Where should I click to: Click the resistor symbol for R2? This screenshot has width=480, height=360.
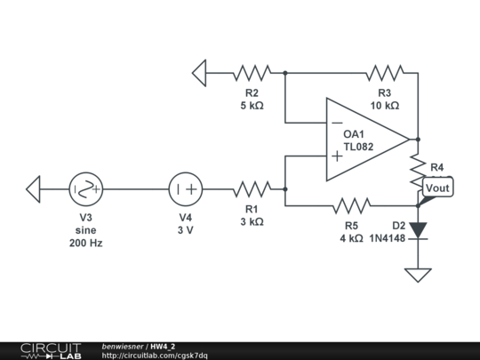(x=252, y=71)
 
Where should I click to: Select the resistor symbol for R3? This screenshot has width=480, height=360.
(x=385, y=71)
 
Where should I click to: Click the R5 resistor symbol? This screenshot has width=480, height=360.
(x=350, y=206)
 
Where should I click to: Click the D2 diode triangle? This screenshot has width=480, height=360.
(x=417, y=229)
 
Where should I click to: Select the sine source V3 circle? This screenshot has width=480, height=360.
(x=86, y=188)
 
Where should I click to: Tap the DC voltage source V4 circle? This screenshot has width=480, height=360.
(x=186, y=188)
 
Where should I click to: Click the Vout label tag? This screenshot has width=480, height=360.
(x=437, y=188)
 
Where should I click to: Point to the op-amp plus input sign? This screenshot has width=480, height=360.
(x=337, y=156)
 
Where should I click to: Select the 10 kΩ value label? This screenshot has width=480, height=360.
(x=385, y=105)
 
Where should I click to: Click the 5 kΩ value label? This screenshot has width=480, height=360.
(x=252, y=105)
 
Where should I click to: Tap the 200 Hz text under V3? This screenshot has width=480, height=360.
(x=86, y=242)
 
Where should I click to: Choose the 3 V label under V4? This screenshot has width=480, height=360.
(x=186, y=229)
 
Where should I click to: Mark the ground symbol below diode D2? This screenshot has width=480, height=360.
(x=417, y=275)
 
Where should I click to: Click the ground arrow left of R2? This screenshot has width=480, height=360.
(x=199, y=71)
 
